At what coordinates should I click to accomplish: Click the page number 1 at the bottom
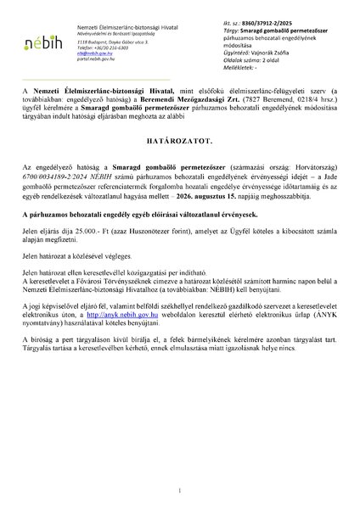pyautogui.click(x=180, y=489)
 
